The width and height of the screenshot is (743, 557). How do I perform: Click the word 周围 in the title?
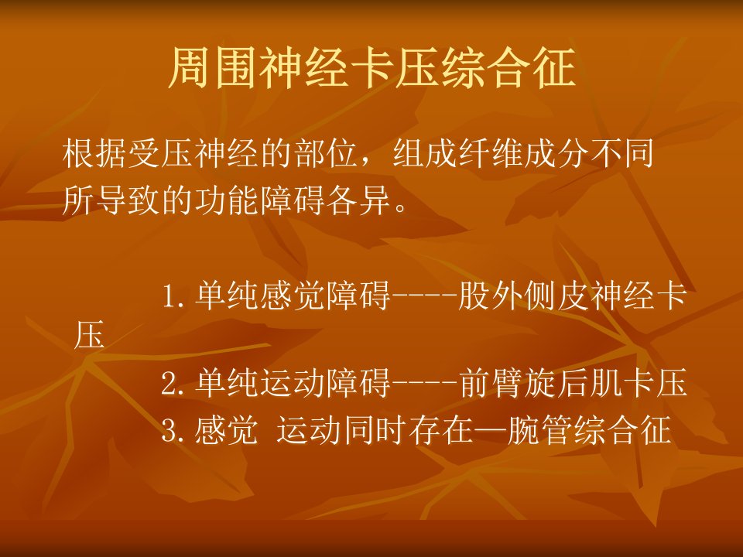coord(214,67)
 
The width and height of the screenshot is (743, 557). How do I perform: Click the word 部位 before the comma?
coord(326,154)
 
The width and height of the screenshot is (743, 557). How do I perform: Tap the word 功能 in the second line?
coord(227,200)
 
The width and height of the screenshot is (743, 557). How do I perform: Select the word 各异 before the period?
coord(358,200)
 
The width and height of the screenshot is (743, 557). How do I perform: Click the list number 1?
coord(173,297)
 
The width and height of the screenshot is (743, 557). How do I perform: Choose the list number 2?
coord(173,384)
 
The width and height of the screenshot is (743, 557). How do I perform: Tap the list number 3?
coord(173,431)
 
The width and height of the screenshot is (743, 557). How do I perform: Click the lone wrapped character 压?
coord(89,335)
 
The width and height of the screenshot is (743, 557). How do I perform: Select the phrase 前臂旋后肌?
coord(541,383)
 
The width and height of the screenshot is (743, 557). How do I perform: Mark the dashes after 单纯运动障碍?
coord(425,383)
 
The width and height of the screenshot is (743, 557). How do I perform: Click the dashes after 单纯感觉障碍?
coord(425,296)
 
